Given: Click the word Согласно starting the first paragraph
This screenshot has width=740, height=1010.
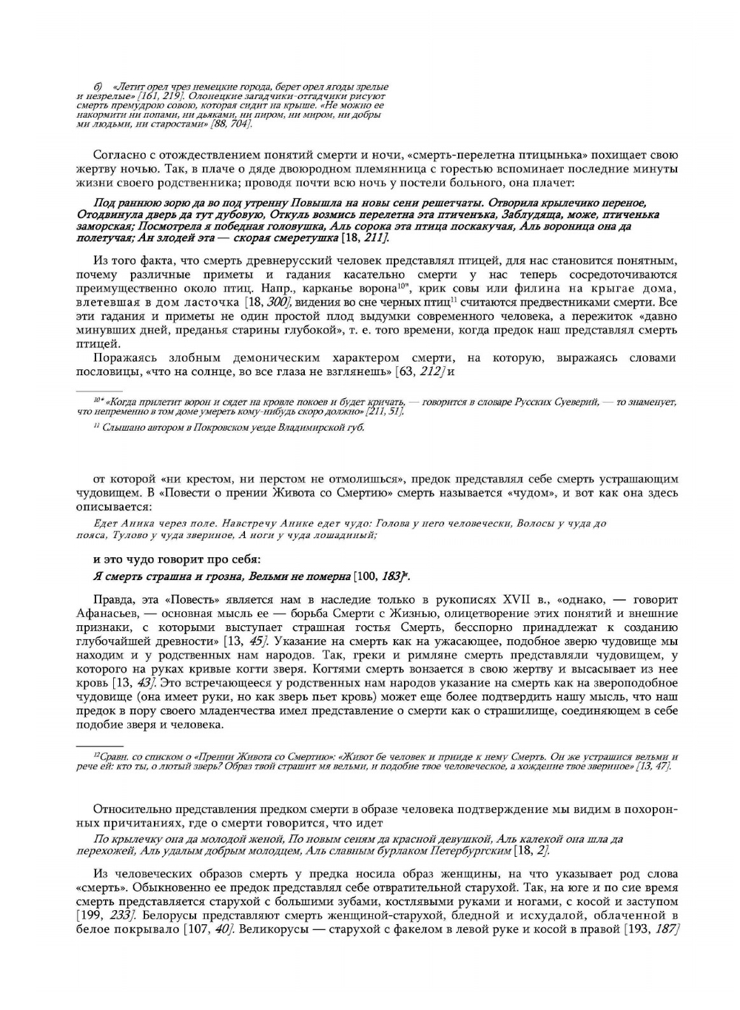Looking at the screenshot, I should click(x=118, y=155).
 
